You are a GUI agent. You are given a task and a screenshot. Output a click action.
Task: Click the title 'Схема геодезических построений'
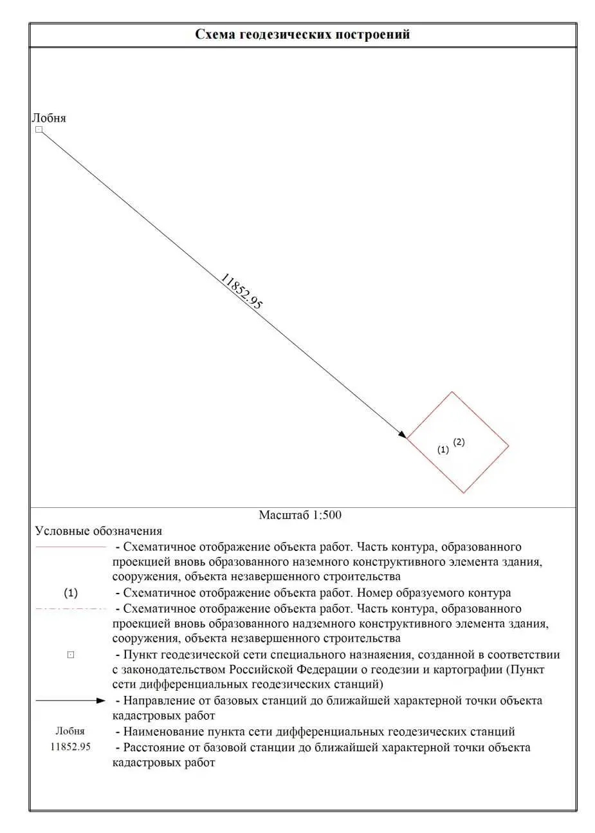(302, 35)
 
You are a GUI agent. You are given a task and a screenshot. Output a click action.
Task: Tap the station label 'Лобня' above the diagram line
(49, 118)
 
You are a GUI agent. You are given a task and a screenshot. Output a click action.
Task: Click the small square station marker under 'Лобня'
(39, 130)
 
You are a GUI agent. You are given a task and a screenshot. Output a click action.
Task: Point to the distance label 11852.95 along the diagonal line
(241, 292)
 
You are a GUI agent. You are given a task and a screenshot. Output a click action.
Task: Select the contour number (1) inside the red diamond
(443, 451)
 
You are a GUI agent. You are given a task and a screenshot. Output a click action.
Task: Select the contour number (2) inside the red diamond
(459, 442)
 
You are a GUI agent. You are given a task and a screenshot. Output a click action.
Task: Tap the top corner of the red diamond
(452, 392)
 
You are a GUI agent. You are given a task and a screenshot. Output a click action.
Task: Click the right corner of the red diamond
(508, 445)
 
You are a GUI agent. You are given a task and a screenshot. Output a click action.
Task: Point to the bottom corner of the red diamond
(463, 493)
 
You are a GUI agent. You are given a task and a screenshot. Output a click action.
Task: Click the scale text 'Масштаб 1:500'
(300, 515)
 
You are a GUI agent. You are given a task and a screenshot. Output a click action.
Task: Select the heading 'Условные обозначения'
(98, 531)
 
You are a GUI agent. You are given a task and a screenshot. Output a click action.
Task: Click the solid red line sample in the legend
(70, 547)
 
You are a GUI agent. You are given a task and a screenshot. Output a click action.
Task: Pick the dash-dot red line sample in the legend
(70, 608)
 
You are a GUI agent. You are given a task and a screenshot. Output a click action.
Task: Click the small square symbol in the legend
(71, 655)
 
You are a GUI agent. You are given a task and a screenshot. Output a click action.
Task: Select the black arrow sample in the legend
(69, 700)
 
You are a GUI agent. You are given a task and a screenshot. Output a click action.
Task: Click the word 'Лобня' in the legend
(70, 731)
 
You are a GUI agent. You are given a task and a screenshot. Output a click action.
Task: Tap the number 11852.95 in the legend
(70, 747)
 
